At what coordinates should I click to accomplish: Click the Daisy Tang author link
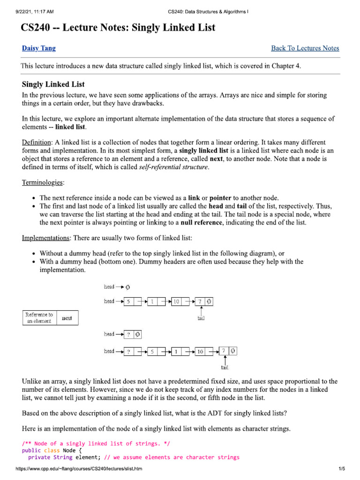[x=39, y=48]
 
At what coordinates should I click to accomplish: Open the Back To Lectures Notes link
[x=305, y=48]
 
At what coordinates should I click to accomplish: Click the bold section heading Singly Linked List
[x=53, y=84]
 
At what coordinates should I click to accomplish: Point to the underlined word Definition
[x=37, y=142]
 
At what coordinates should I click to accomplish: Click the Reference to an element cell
[x=39, y=318]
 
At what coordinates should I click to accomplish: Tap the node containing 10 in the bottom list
[x=201, y=352]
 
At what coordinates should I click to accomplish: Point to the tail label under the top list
[x=201, y=318]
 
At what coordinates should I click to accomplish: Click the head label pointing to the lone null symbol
[x=109, y=286]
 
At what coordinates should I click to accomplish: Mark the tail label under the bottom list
[x=225, y=367]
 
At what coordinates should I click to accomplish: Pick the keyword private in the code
[x=39, y=457]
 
